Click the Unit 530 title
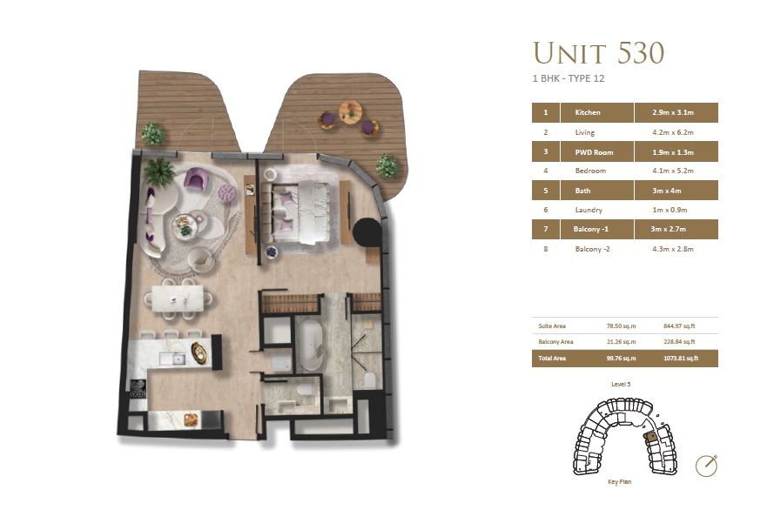pyautogui.click(x=598, y=53)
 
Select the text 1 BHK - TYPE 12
pyautogui.click(x=568, y=79)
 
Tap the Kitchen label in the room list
pyautogui.click(x=588, y=113)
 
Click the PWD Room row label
pyautogui.click(x=594, y=152)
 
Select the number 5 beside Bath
pyautogui.click(x=545, y=191)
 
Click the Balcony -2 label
pyautogui.click(x=595, y=249)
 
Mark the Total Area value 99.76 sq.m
pyautogui.click(x=621, y=358)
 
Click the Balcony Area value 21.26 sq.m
pyautogui.click(x=621, y=341)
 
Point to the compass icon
pyautogui.click(x=707, y=465)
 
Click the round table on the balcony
pyautogui.click(x=350, y=111)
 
